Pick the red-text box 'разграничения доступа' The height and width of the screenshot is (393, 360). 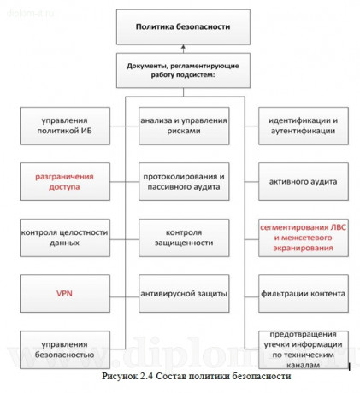(64, 181)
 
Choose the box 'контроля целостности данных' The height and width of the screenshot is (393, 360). (64, 237)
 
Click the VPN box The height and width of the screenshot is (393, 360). (64, 293)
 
